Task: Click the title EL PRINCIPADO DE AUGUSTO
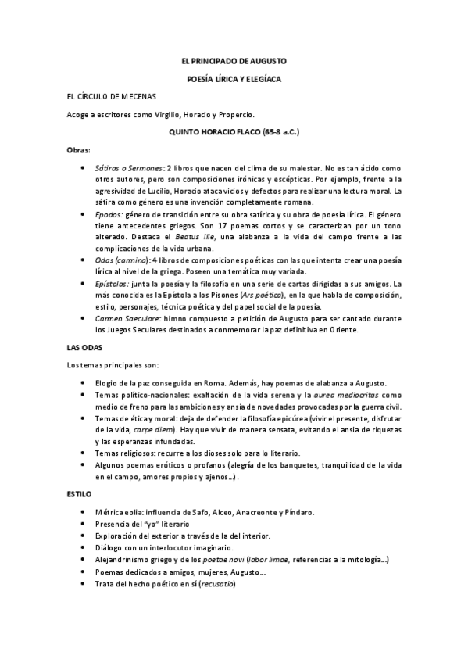coord(234,60)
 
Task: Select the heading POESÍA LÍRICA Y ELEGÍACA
coord(234,79)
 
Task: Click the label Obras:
coord(79,149)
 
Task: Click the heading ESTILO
coord(80,494)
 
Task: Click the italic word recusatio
coord(217,584)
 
